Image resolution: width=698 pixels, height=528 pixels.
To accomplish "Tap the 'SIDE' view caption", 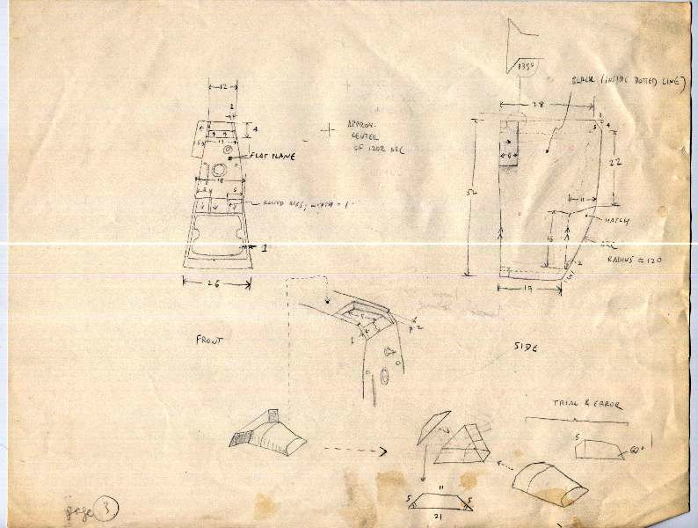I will tap(526, 348).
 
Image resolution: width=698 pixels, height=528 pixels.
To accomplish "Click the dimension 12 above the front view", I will tap(223, 86).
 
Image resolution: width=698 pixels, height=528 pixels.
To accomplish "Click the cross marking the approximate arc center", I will tap(329, 130).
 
